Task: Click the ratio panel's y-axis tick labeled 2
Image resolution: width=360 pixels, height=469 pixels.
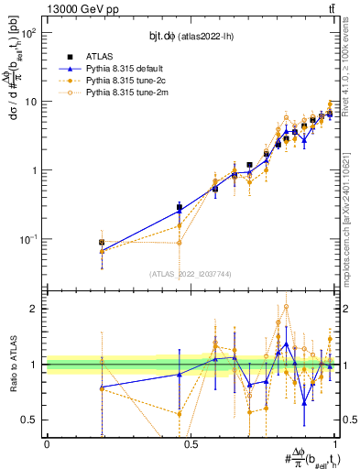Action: coord(34,309)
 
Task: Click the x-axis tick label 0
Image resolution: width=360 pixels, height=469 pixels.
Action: coord(47,444)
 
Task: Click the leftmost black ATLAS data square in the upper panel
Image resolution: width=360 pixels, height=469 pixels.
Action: coord(102,243)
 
